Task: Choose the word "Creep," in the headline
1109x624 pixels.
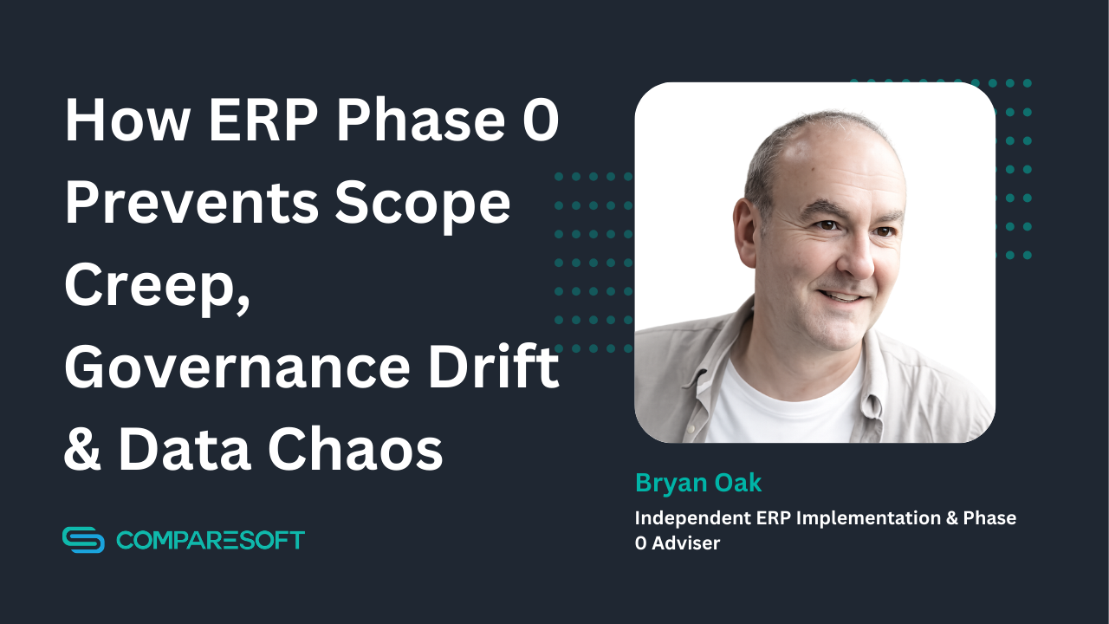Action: pyautogui.click(x=156, y=286)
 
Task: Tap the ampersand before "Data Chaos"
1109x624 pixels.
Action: pyautogui.click(x=82, y=449)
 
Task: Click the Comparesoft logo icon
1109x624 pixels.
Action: pyautogui.click(x=83, y=540)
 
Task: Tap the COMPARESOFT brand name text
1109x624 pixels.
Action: pyautogui.click(x=211, y=540)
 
